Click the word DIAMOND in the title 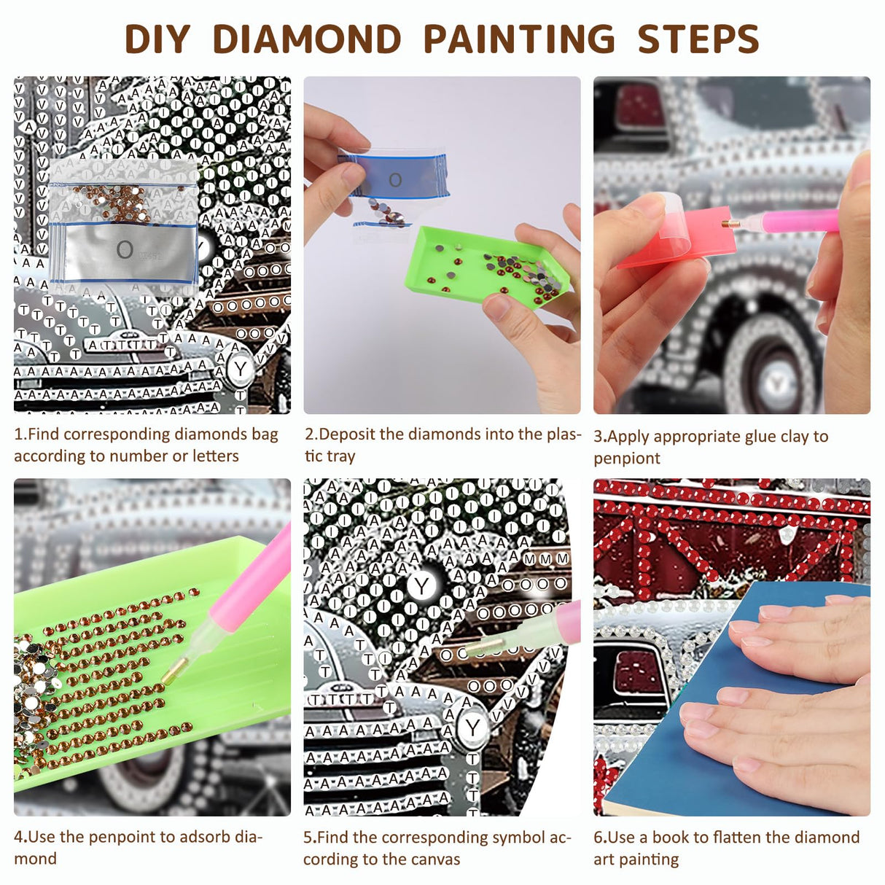click(306, 39)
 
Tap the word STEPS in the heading click(698, 39)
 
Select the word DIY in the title click(157, 39)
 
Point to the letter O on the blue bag click(394, 179)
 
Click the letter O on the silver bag click(125, 251)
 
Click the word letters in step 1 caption click(215, 456)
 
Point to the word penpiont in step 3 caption click(626, 459)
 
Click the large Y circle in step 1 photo click(241, 370)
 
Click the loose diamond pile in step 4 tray click(33, 685)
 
